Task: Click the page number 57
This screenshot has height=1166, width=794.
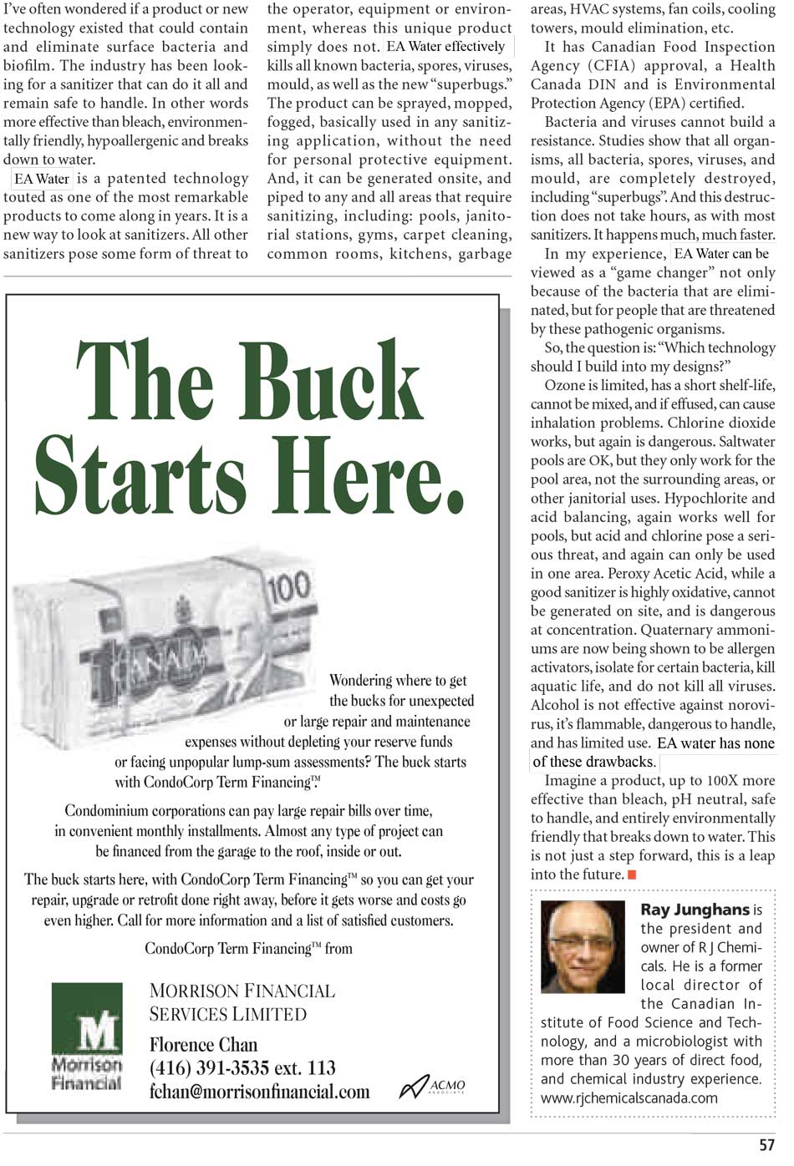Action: tap(766, 1145)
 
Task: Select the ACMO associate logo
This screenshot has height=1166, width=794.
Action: tap(432, 1085)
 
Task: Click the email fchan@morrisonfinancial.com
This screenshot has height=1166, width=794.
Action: tap(259, 1092)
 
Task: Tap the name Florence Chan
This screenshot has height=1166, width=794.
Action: tap(203, 1044)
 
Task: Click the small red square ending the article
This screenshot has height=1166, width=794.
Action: tap(632, 874)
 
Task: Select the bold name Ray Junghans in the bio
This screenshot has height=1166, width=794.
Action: tap(695, 910)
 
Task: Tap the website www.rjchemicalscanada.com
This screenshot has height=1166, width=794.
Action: tap(629, 1098)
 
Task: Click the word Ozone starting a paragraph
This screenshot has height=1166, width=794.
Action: tap(565, 385)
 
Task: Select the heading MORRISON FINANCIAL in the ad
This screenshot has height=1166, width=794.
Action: tap(242, 991)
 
